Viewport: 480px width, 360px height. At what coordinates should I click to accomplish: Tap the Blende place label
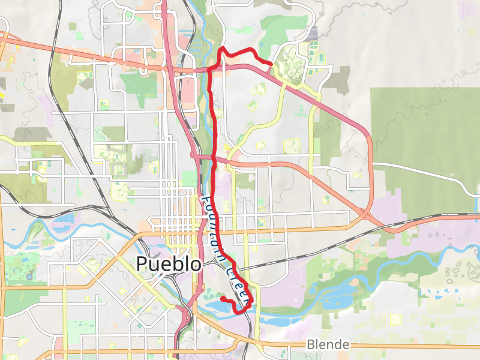coord(328,344)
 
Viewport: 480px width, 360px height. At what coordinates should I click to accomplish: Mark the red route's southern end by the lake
coord(223,298)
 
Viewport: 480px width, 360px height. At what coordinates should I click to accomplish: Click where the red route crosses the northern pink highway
coord(210,70)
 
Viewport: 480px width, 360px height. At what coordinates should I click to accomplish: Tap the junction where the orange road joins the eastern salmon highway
coord(366,213)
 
